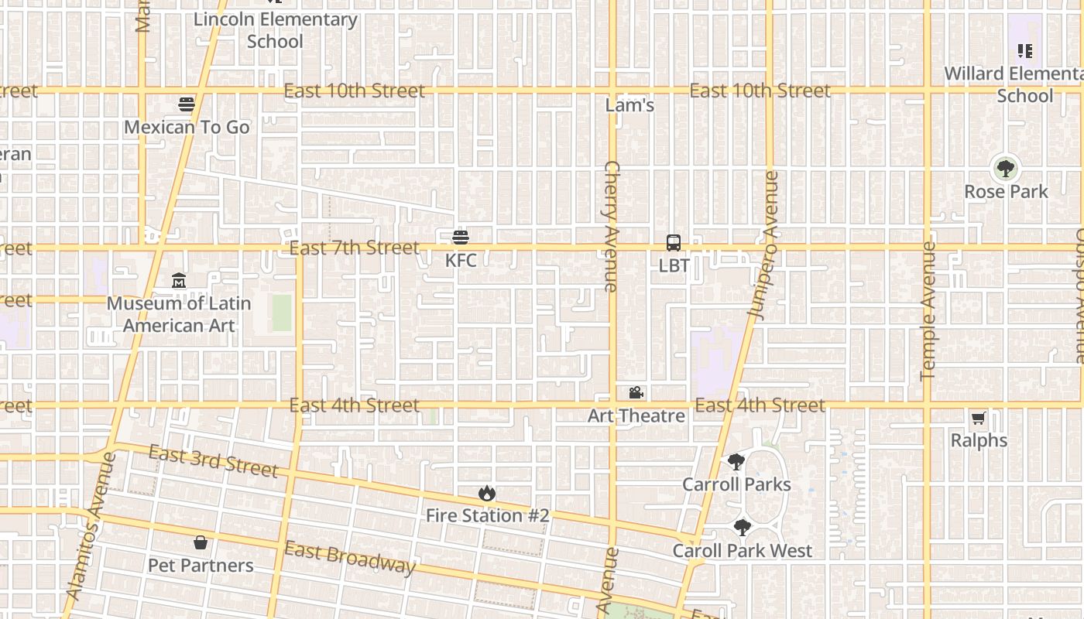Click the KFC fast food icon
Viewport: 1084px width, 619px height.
(x=461, y=237)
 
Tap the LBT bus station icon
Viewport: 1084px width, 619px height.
(x=674, y=243)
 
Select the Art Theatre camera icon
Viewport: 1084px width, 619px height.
(x=636, y=393)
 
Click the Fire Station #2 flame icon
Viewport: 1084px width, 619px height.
(x=486, y=493)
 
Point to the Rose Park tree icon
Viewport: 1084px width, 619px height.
(x=1005, y=168)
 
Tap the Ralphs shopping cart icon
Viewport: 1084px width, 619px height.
(x=979, y=419)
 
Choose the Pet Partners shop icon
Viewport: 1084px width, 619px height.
(x=201, y=542)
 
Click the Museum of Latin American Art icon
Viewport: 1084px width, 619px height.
(x=179, y=280)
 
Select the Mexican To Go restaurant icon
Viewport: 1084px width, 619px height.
(x=187, y=104)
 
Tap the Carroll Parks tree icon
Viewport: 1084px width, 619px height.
(x=736, y=462)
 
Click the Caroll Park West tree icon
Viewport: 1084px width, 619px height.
(x=742, y=528)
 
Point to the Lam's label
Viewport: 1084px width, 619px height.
(x=629, y=105)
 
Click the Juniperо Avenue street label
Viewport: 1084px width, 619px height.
(x=763, y=243)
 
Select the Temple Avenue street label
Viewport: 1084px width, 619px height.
(x=928, y=311)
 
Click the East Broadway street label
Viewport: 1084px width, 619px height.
(x=350, y=557)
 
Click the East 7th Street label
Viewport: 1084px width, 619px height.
(x=354, y=248)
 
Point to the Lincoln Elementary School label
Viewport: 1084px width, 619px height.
(x=275, y=30)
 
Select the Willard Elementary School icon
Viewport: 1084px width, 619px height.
(x=1025, y=51)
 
